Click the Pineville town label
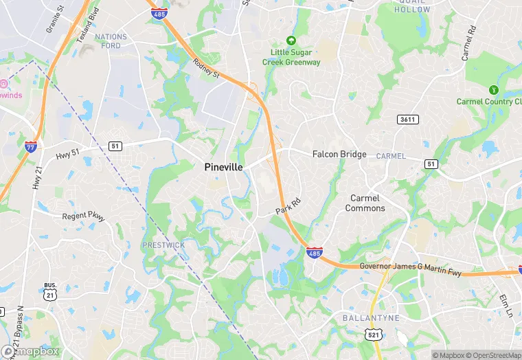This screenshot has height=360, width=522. coord(223,166)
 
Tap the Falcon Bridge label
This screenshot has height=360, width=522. coord(339,155)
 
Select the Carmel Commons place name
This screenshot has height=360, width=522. coord(365,203)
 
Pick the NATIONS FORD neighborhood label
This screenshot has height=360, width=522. coord(111,41)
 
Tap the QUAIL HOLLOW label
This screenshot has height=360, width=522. coord(413,6)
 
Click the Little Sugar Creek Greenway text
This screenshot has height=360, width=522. coord(291,57)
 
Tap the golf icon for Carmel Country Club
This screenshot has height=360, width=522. coord(492,90)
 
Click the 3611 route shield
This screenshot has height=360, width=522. coord(407,120)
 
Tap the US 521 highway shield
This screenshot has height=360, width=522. coord(371,334)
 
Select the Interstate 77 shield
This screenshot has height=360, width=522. coord(31,146)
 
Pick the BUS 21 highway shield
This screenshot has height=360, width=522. coord(49,291)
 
